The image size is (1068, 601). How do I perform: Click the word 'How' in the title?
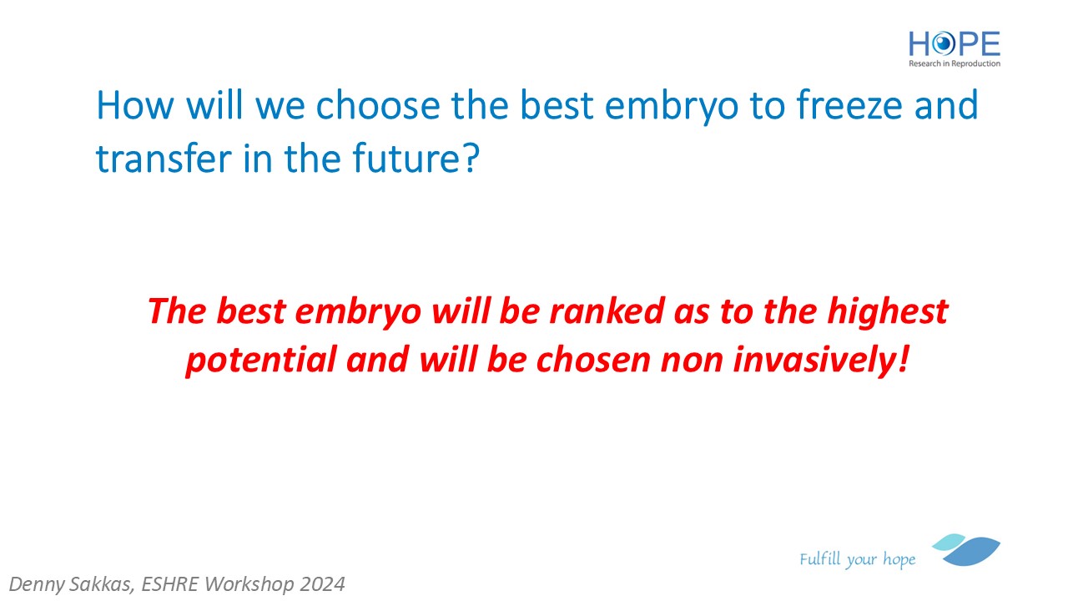(x=135, y=105)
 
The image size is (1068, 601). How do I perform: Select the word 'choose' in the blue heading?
(x=378, y=105)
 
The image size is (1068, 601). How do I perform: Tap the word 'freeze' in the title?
(x=849, y=105)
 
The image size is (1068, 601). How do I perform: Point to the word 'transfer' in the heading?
(x=164, y=158)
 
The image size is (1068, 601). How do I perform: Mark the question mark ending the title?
(x=471, y=158)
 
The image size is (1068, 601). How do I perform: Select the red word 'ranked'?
(x=606, y=311)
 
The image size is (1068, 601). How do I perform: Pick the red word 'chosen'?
(x=592, y=360)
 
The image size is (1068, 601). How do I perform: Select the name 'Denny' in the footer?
(x=38, y=584)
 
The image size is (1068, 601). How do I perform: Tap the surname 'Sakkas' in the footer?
(x=103, y=584)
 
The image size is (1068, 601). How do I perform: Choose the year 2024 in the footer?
(x=322, y=584)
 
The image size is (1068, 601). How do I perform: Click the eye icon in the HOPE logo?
(x=943, y=44)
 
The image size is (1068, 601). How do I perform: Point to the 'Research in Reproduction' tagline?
(x=955, y=63)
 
